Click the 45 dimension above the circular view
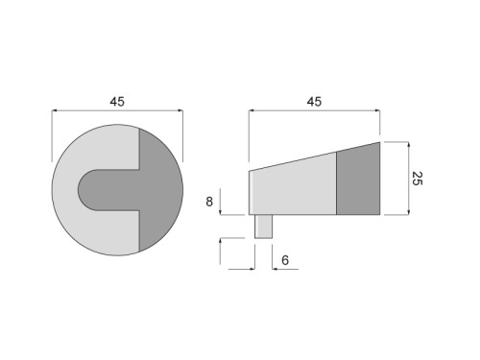[116, 100]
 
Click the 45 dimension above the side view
[314, 100]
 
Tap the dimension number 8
[209, 202]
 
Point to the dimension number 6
[286, 260]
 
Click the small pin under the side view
[264, 226]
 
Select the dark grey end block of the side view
[358, 180]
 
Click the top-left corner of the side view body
[251, 172]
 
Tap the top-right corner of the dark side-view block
[380, 142]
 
